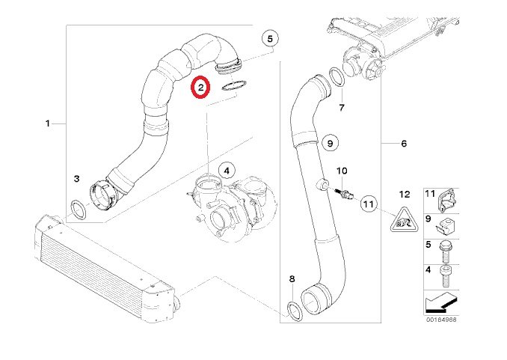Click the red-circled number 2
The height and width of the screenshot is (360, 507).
click(201, 87)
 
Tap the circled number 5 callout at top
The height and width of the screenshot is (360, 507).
click(270, 39)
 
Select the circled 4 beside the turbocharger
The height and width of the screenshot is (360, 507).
click(227, 171)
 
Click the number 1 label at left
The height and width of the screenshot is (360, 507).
click(48, 123)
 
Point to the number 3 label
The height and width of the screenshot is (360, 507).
click(76, 178)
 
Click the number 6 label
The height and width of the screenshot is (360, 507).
click(404, 143)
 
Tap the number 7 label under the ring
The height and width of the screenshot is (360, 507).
click(342, 108)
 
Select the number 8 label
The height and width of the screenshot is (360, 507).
click(292, 278)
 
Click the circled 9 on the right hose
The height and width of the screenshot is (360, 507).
click(330, 143)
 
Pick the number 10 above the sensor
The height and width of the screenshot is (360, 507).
click(342, 171)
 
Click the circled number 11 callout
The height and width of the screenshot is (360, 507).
click(369, 204)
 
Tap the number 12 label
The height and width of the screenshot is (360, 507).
click(405, 195)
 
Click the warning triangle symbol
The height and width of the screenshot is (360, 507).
click(404, 221)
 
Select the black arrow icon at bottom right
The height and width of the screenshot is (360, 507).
click(442, 303)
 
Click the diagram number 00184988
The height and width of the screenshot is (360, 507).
click(441, 320)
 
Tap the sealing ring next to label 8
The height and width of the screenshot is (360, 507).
click(295, 311)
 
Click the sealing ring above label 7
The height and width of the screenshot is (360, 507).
click(337, 77)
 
